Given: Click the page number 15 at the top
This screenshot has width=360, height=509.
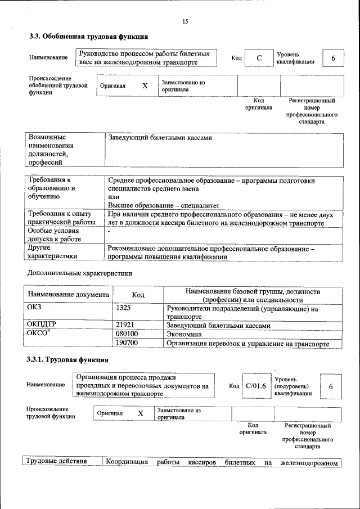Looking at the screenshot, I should [x=185, y=21].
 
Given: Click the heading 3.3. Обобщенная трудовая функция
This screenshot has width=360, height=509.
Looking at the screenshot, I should [x=88, y=37].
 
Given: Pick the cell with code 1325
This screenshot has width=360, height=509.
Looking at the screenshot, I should [x=123, y=308].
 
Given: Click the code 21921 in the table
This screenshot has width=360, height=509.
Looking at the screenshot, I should [x=125, y=325].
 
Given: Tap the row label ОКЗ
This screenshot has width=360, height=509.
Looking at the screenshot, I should [x=35, y=308].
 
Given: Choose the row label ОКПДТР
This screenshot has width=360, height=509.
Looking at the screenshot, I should [x=42, y=325].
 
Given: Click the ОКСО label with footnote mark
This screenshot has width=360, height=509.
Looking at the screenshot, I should [x=39, y=334].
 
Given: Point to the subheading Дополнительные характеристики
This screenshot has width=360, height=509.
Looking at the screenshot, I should [x=80, y=273].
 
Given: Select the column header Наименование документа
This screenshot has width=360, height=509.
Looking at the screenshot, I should [x=68, y=295].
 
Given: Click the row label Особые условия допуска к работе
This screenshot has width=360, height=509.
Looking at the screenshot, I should [x=54, y=235].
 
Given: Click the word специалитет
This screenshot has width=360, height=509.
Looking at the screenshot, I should [x=199, y=205].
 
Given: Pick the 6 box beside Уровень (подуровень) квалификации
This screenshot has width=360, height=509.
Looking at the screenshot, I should [x=331, y=386].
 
